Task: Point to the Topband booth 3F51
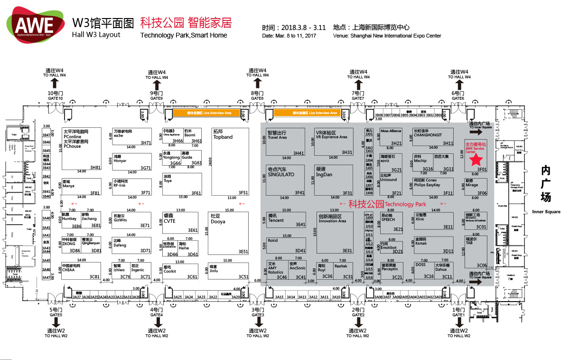(x=230, y=161)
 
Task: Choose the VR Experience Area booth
(x=334, y=142)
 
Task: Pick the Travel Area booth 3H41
(x=285, y=142)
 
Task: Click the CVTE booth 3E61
(x=180, y=223)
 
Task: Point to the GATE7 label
(x=358, y=98)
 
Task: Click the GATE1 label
(x=458, y=315)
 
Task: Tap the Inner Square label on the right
(x=546, y=212)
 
